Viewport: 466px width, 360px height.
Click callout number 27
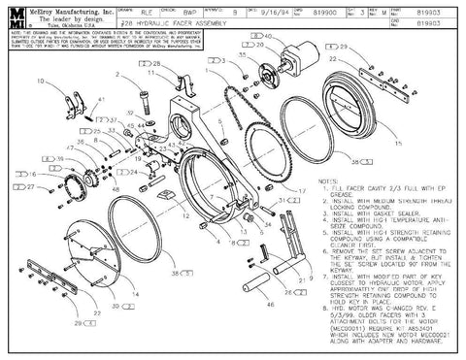pos(29,186)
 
